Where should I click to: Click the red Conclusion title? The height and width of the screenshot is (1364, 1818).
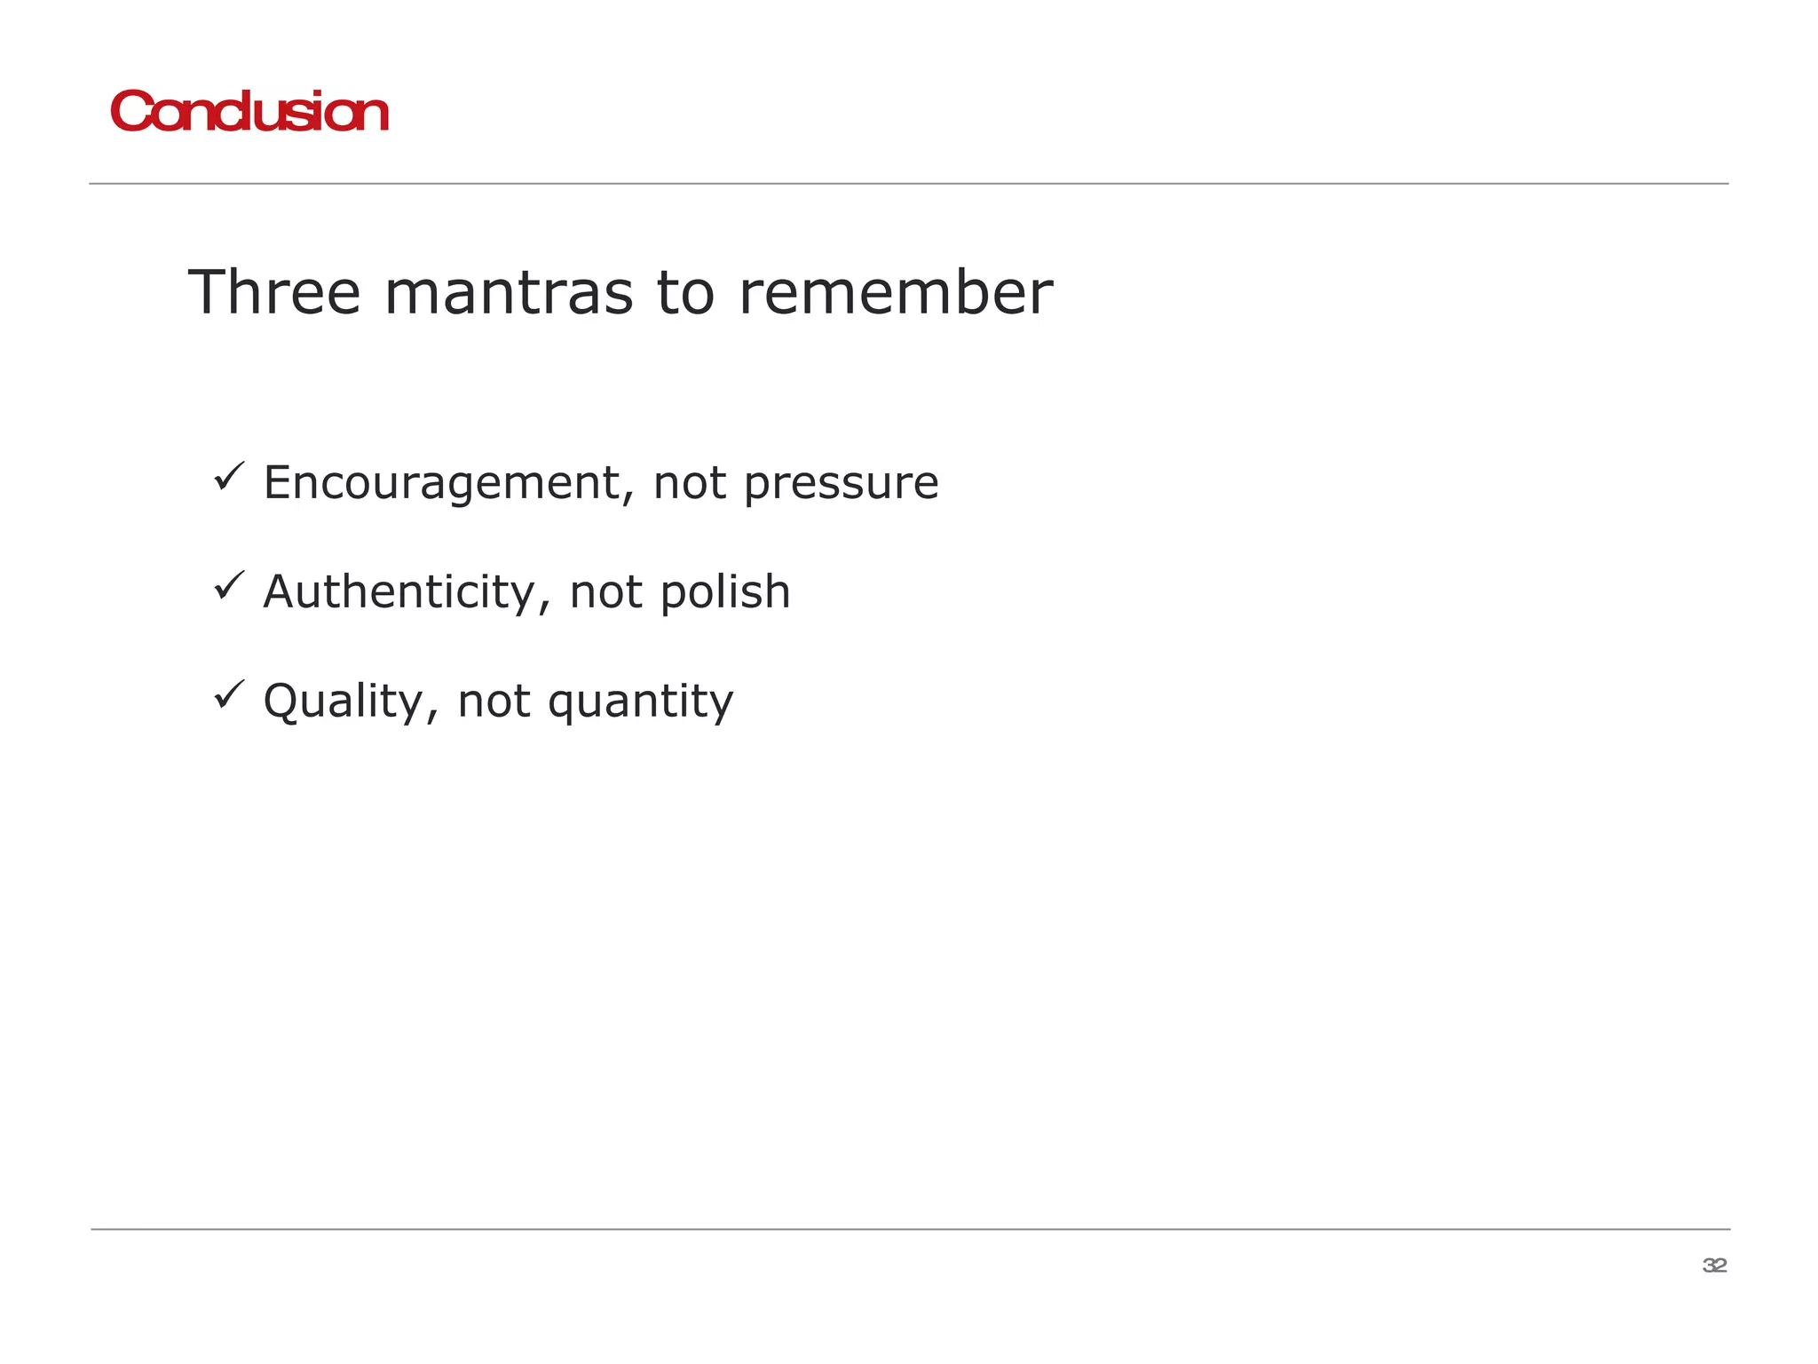[249, 113]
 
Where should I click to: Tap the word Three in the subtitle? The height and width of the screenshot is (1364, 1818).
[274, 292]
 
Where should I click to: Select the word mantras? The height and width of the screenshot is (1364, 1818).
[509, 293]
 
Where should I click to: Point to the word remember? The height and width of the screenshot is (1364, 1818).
[896, 292]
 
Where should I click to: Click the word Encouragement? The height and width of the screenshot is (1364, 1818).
[448, 484]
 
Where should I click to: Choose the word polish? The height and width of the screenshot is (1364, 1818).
[725, 592]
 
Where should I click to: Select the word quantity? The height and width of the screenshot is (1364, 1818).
[640, 702]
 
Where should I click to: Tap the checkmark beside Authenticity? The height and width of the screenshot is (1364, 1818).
[229, 586]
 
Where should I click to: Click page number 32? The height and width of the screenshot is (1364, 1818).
[1714, 1265]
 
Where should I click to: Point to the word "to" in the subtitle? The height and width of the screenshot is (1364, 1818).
[685, 293]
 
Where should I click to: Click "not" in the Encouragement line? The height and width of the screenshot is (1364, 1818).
[690, 484]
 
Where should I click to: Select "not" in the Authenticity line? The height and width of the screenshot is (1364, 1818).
[606, 592]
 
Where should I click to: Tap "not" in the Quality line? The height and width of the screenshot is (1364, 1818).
[494, 702]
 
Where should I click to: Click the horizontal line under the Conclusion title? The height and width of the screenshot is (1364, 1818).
[909, 184]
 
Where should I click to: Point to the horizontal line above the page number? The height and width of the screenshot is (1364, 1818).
[909, 1229]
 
